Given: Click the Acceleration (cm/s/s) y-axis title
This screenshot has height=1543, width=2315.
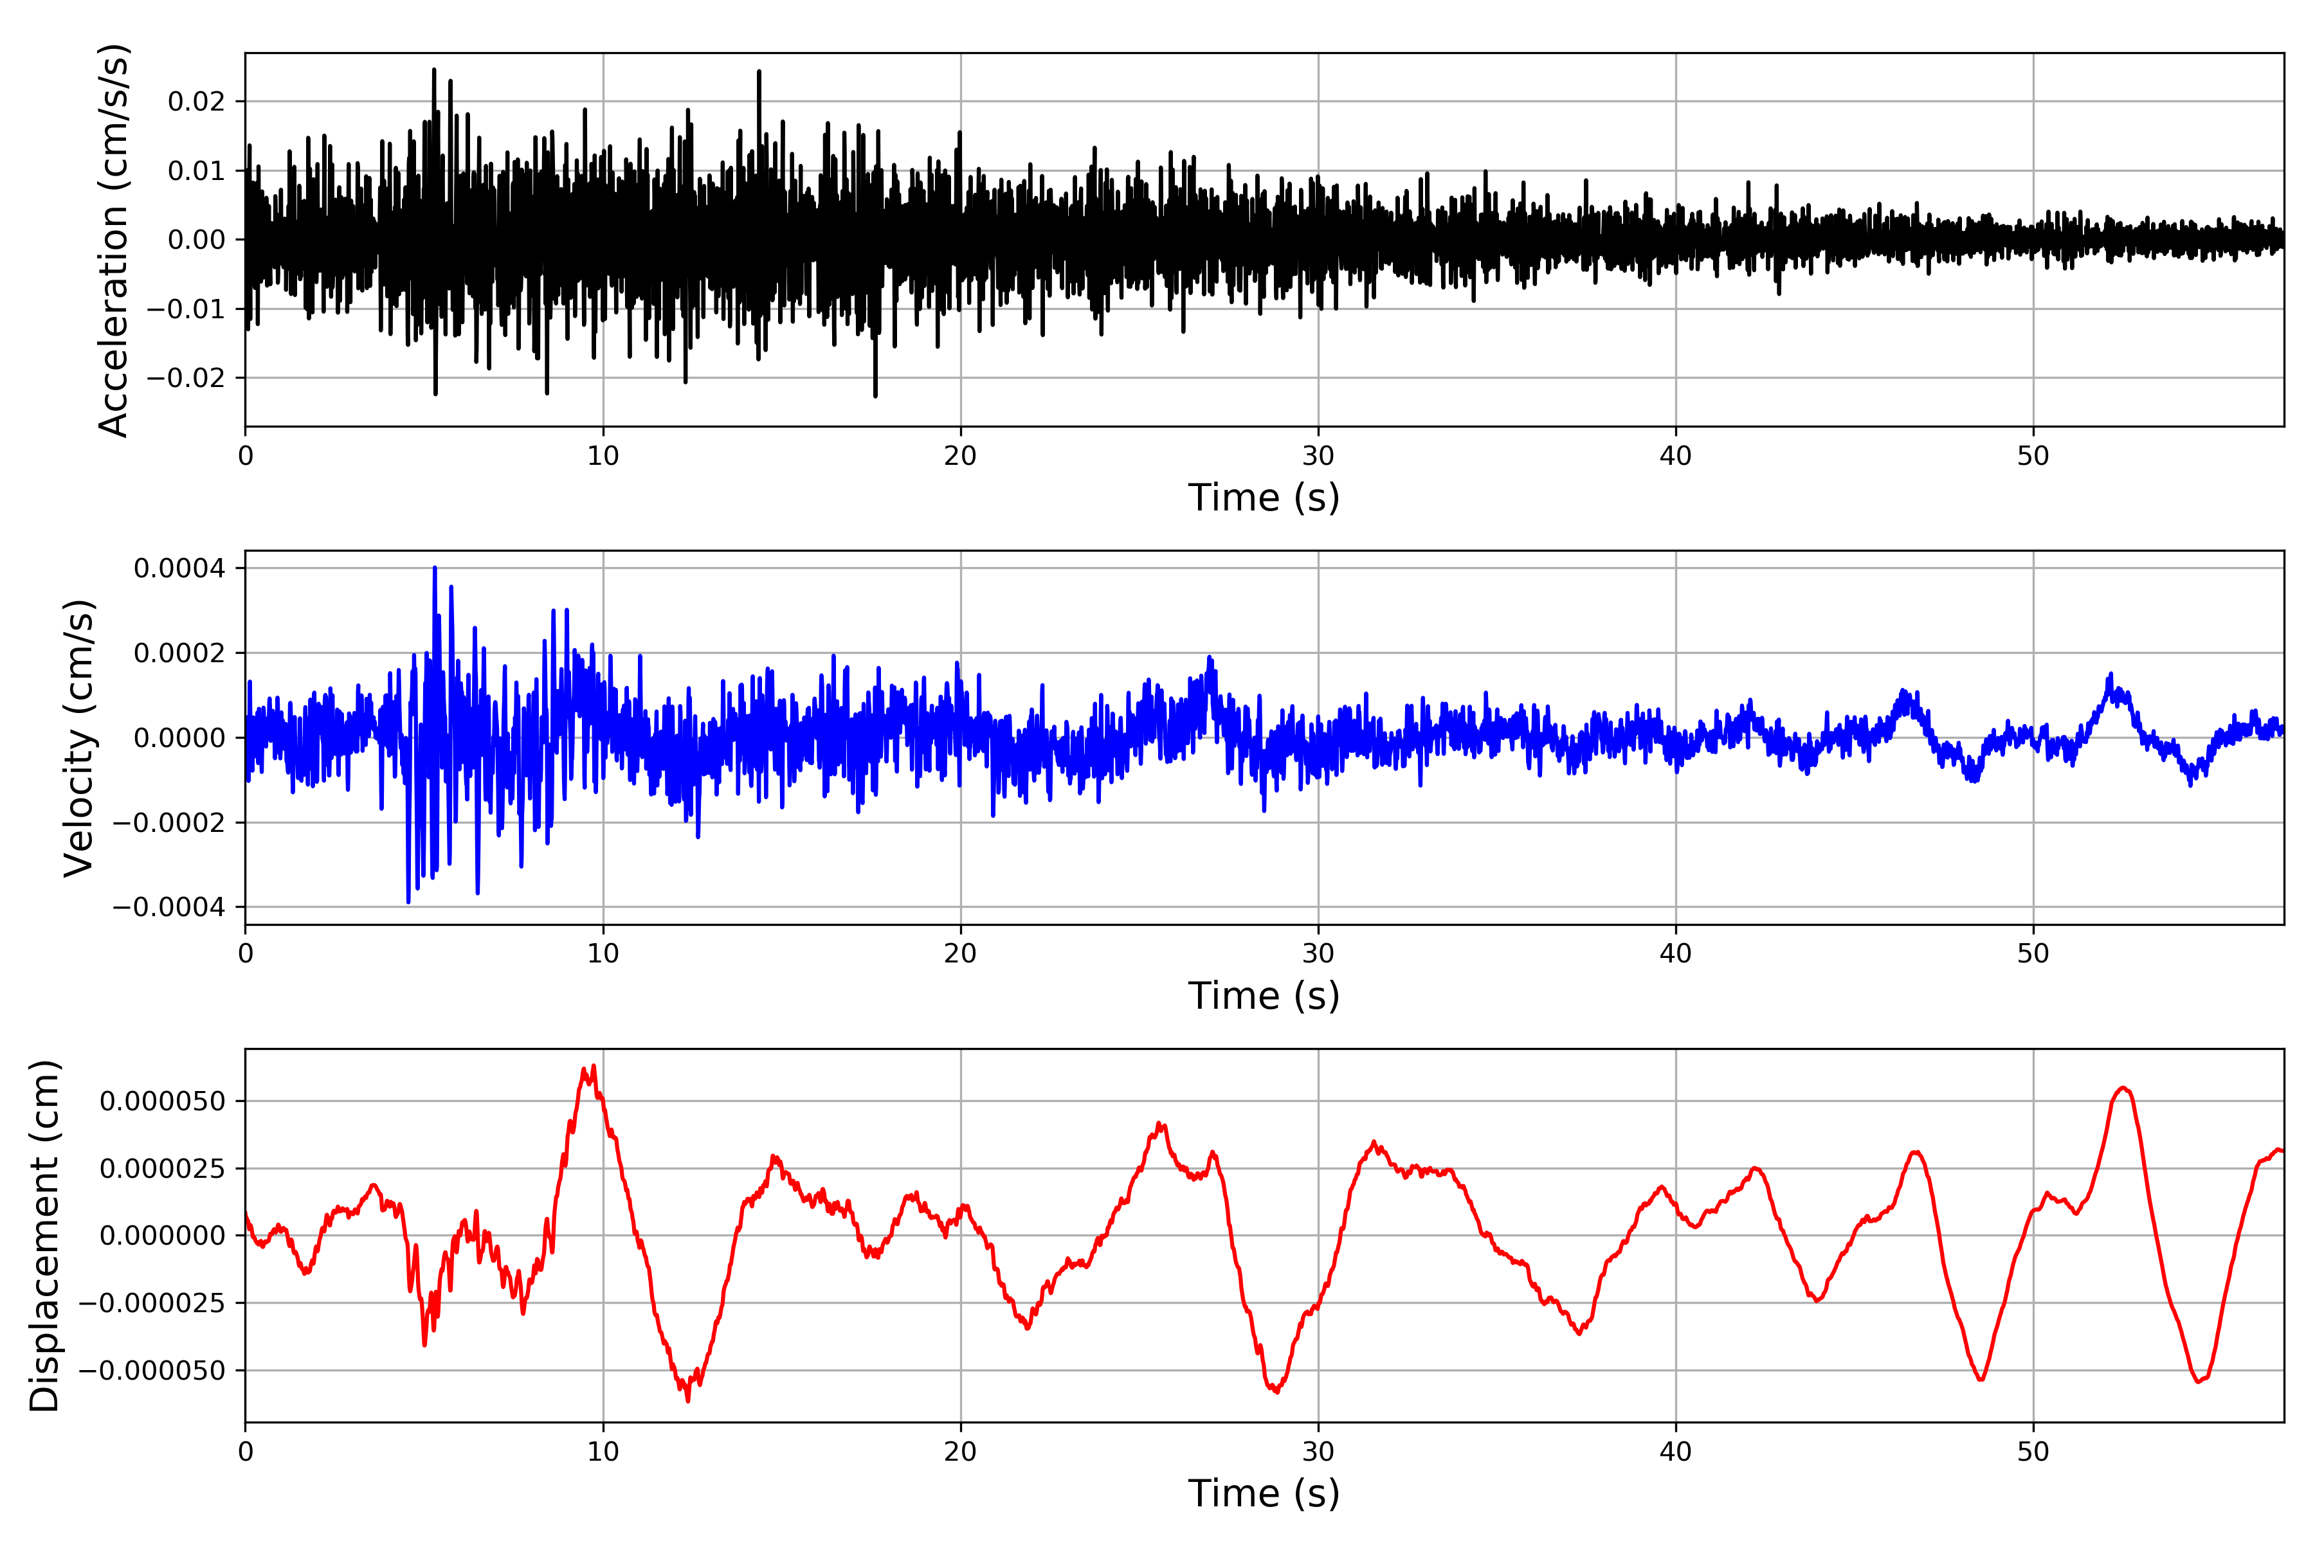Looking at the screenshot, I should pyautogui.click(x=113, y=239).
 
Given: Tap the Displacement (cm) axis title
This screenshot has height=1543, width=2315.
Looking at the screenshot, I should pyautogui.click(x=44, y=1235).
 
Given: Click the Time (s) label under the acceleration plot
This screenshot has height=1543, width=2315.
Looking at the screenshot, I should pyautogui.click(x=1264, y=498).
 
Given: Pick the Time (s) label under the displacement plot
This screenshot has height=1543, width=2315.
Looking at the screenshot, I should pyautogui.click(x=1264, y=1493).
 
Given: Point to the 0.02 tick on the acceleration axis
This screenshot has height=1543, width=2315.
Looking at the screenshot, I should pyautogui.click(x=196, y=102).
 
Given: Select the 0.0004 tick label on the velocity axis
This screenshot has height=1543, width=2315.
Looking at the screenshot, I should pyautogui.click(x=179, y=569).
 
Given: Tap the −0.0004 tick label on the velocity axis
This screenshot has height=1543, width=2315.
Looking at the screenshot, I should pyautogui.click(x=169, y=907).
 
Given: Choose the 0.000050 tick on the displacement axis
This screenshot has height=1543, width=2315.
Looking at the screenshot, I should pyautogui.click(x=163, y=1101).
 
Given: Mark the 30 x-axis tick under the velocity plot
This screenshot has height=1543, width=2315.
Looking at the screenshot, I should pyautogui.click(x=1318, y=953).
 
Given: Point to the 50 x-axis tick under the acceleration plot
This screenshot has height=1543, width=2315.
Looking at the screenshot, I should pyautogui.click(x=2033, y=456).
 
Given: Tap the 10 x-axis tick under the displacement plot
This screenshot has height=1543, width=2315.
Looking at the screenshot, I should pyautogui.click(x=603, y=1452).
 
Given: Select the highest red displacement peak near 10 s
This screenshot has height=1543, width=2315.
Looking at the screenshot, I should pyautogui.click(x=594, y=1066).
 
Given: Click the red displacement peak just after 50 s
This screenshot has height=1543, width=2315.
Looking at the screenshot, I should pyautogui.click(x=2123, y=1088).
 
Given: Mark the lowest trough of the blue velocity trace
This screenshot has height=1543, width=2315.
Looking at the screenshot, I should pyautogui.click(x=408, y=901).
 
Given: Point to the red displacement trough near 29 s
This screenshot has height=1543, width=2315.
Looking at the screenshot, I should pyautogui.click(x=1276, y=1391).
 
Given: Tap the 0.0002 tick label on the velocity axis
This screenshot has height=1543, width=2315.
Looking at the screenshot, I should pyautogui.click(x=179, y=653).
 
